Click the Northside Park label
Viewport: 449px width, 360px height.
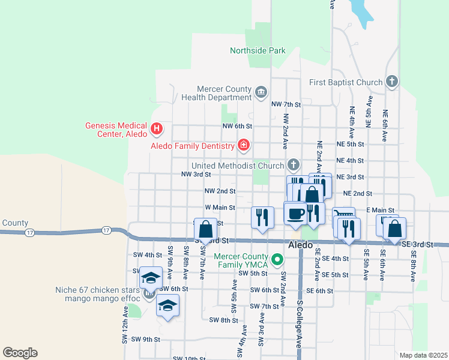point(258,51)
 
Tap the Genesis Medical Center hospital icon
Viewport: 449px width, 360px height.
point(156,128)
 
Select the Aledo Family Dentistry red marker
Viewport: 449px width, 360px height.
point(243,145)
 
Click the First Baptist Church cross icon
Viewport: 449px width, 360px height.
point(392,82)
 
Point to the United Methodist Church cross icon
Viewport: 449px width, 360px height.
point(294,164)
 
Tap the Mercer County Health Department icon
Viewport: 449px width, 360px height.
point(261,92)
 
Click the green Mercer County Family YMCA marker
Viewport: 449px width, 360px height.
point(277,260)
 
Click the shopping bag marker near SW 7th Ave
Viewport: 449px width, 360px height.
point(205,230)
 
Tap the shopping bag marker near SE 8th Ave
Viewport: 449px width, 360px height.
point(395,229)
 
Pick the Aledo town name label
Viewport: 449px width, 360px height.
point(300,245)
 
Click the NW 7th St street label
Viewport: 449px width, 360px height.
point(285,104)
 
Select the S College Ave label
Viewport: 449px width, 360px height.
point(298,324)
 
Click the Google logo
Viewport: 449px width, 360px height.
point(19,352)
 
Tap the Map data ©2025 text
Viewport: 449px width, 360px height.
point(423,355)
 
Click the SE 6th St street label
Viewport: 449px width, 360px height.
point(319,290)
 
